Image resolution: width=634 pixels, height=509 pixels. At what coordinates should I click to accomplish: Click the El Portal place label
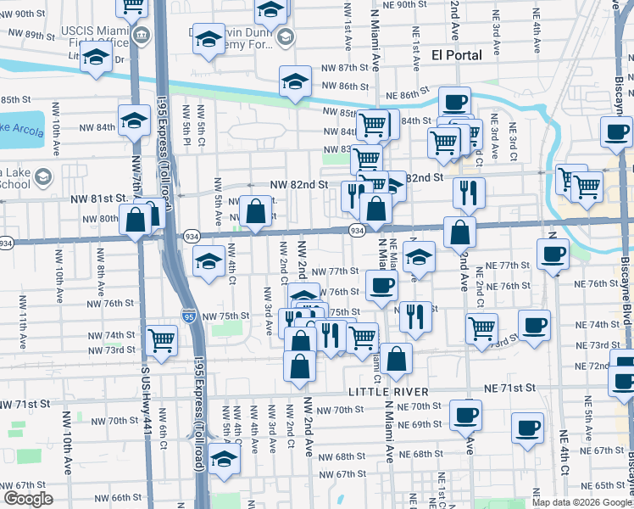coord(456,55)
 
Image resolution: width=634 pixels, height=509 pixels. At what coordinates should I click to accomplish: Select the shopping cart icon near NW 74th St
coord(161,339)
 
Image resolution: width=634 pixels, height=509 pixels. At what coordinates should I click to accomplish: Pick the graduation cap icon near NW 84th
coord(134,120)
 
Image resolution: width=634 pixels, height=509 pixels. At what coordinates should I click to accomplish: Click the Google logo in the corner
coord(28,499)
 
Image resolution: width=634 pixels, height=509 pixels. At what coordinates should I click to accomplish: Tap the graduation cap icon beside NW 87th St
coord(294,81)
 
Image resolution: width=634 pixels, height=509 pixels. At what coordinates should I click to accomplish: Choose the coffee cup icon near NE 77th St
coord(553,253)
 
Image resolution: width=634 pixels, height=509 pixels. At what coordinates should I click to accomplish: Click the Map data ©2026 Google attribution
coord(581,502)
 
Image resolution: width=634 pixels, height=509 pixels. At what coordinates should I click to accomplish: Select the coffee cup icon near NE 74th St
coord(534,325)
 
